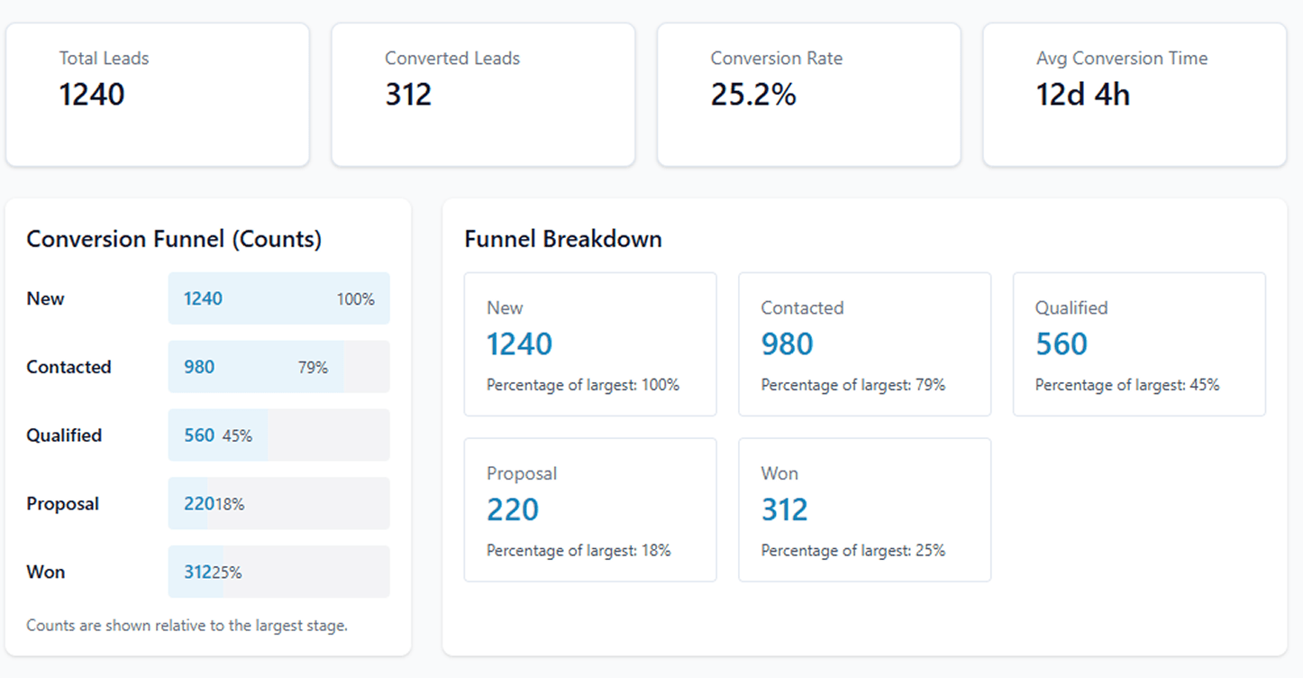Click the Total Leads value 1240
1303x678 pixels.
pos(92,95)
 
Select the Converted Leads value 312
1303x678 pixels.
pos(408,95)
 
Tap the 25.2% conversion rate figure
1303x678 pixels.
pos(753,95)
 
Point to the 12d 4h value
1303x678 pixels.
pos(1082,95)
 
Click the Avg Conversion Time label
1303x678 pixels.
pos(1121,59)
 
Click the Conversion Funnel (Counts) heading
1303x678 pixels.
pos(174,239)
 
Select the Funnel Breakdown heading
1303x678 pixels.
pos(563,239)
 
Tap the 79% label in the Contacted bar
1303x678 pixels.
pos(313,368)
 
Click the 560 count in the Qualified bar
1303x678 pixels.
pos(199,435)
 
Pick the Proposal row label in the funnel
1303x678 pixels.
pos(62,504)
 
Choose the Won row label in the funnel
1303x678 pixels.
pos(46,573)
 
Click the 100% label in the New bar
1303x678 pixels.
pos(356,299)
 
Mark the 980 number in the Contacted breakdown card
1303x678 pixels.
pos(787,344)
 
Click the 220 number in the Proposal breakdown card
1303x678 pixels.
pos(513,510)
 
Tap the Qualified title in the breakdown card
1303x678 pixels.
pos(1071,308)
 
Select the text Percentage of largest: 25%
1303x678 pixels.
pos(852,551)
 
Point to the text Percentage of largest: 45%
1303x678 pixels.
pos(1126,385)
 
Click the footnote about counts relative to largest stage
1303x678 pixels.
pos(187,626)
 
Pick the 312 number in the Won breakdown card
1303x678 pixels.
pos(784,510)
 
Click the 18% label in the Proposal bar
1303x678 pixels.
pos(230,505)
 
